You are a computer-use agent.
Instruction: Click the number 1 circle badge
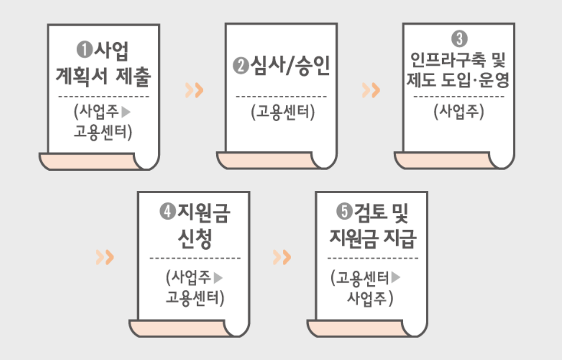(x=84, y=50)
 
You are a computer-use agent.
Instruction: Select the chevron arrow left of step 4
(x=105, y=257)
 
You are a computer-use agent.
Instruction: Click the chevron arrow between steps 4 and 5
(x=282, y=257)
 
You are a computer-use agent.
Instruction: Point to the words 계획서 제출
(x=104, y=77)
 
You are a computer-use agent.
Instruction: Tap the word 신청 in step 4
(x=194, y=238)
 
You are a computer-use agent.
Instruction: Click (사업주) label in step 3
(x=459, y=112)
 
